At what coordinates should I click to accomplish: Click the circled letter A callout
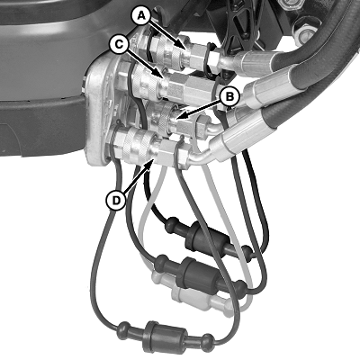141,16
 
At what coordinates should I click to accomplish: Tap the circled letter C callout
120,45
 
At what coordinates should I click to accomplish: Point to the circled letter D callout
115,200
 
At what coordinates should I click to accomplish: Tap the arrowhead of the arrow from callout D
150,165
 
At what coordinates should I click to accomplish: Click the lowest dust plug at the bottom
166,332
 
